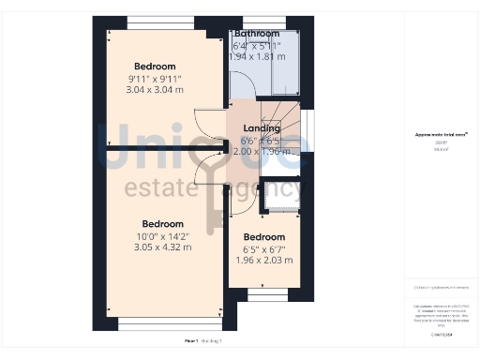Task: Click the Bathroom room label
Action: pyautogui.click(x=257, y=34)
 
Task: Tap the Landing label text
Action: pyautogui.click(x=262, y=128)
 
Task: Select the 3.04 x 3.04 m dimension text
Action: pyautogui.click(x=156, y=90)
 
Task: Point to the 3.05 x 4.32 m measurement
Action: pyautogui.click(x=162, y=247)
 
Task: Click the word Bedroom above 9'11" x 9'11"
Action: pyautogui.click(x=155, y=67)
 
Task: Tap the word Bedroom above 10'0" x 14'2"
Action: pyautogui.click(x=162, y=224)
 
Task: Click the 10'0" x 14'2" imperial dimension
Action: pyautogui.click(x=162, y=236)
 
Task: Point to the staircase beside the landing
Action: pyautogui.click(x=290, y=122)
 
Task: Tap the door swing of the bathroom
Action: pyautogui.click(x=242, y=105)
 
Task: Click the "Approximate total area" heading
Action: pyautogui.click(x=441, y=135)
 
